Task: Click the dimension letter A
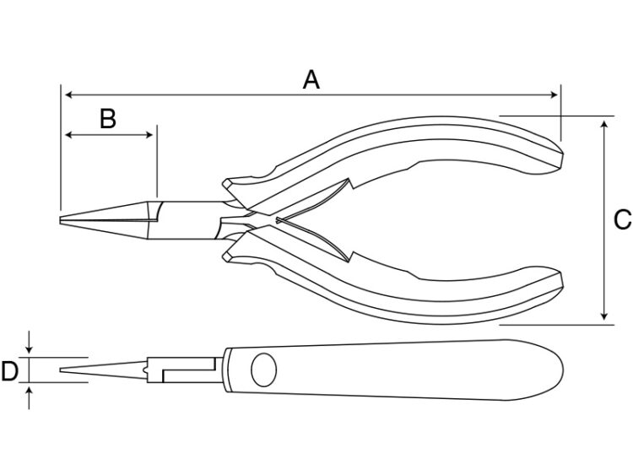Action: click(311, 79)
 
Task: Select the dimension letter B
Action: click(108, 119)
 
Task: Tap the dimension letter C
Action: click(623, 220)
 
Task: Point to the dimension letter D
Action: click(9, 371)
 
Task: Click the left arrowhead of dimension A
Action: click(68, 95)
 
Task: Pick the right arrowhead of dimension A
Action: click(554, 95)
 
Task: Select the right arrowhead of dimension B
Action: click(149, 135)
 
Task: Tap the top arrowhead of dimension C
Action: click(604, 123)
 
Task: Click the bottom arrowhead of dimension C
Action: click(604, 316)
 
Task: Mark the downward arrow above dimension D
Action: click(29, 343)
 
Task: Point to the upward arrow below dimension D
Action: click(29, 397)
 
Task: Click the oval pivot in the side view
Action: click(263, 370)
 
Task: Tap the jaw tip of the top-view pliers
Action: click(60, 220)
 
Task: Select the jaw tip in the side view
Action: click(61, 370)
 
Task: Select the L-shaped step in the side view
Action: click(188, 370)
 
